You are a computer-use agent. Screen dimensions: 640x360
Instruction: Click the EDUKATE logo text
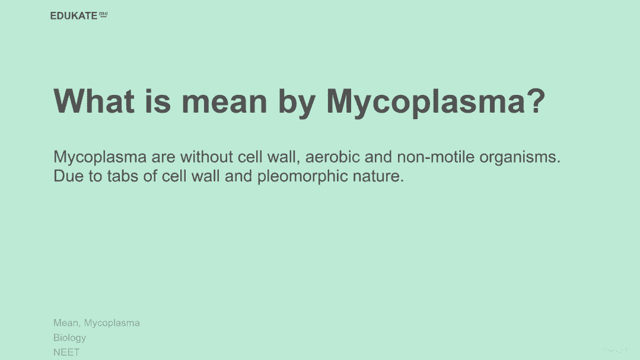(x=74, y=15)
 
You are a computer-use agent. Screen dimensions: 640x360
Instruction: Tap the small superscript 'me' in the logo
(x=103, y=14)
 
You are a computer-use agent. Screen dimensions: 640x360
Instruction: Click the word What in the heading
(x=94, y=101)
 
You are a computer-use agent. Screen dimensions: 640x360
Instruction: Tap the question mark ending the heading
(x=536, y=101)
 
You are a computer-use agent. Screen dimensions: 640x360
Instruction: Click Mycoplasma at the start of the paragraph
(x=100, y=157)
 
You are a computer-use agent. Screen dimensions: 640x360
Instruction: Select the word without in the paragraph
(x=206, y=157)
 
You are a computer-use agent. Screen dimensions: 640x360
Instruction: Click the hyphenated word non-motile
(x=436, y=157)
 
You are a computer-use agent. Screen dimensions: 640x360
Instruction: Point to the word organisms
(x=520, y=158)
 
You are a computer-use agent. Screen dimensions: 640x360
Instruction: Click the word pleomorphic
(x=303, y=177)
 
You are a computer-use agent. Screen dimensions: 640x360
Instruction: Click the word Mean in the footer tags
(x=66, y=323)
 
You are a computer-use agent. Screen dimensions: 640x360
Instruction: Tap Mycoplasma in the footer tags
(x=112, y=323)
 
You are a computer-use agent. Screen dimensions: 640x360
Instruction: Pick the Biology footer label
(x=70, y=338)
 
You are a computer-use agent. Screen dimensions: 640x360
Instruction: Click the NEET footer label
(x=66, y=352)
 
